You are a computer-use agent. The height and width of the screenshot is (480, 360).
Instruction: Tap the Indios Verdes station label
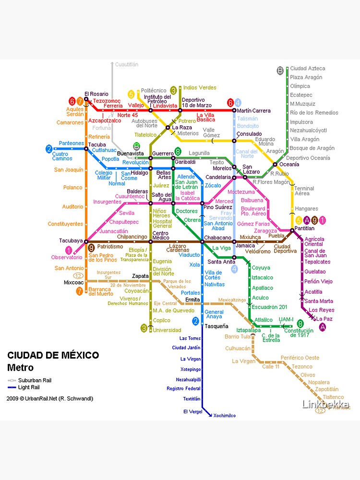pyautogui.click(x=200, y=87)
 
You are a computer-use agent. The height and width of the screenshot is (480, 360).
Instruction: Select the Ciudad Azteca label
pyautogui.click(x=307, y=69)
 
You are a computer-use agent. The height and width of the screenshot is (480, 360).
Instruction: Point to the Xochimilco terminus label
pyautogui.click(x=225, y=416)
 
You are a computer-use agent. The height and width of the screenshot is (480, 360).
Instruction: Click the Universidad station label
pyautogui.click(x=168, y=330)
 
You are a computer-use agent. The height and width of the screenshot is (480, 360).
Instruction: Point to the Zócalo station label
pyautogui.click(x=213, y=185)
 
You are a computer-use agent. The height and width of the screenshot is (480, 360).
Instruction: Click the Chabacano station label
pyautogui.click(x=217, y=238)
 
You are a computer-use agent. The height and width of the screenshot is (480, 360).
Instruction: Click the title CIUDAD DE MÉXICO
pyautogui.click(x=53, y=356)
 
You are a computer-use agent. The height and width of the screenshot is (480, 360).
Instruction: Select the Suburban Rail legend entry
pyautogui.click(x=34, y=380)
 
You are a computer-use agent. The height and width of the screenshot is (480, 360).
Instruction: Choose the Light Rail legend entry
pyautogui.click(x=29, y=387)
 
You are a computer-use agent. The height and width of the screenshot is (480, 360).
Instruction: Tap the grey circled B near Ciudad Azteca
pyautogui.click(x=280, y=71)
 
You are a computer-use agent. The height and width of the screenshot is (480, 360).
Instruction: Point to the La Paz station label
pyautogui.click(x=324, y=319)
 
